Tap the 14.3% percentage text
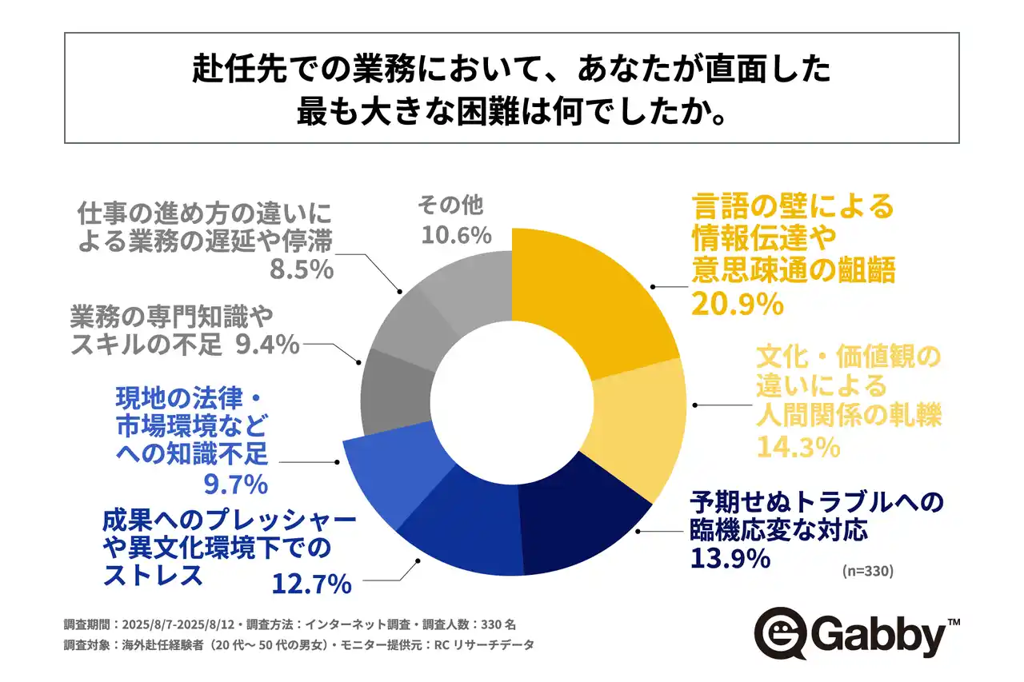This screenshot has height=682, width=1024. tap(797, 447)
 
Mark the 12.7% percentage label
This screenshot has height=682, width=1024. tap(312, 584)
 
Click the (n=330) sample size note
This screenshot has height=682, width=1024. tap(868, 572)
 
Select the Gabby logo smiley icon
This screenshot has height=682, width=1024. tap(780, 636)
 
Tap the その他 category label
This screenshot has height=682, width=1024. tap(450, 206)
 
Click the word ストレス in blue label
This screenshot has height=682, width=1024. tap(152, 576)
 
